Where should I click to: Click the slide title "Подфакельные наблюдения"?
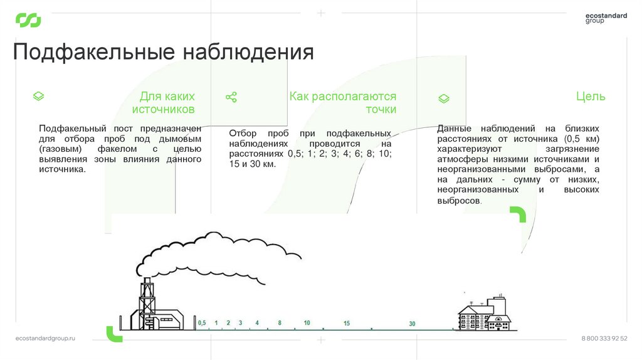pyautogui.click(x=164, y=52)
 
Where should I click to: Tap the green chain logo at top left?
pyautogui.click(x=28, y=21)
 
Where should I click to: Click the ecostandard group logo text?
pyautogui.click(x=606, y=18)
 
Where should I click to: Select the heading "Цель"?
pyautogui.click(x=591, y=97)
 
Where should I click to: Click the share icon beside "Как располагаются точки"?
pyautogui.click(x=231, y=97)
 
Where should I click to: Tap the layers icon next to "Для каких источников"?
pyautogui.click(x=38, y=97)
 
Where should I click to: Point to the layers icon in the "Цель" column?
pyautogui.click(x=443, y=98)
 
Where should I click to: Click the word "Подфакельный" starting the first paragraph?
pyautogui.click(x=68, y=129)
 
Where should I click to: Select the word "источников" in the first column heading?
pyautogui.click(x=164, y=110)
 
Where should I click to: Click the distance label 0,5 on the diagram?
pyautogui.click(x=202, y=322)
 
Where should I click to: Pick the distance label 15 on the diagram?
pyautogui.click(x=347, y=323)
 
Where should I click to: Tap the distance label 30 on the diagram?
pyautogui.click(x=412, y=324)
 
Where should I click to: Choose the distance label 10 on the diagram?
pyautogui.click(x=307, y=322)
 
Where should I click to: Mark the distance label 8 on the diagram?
pyautogui.click(x=280, y=322)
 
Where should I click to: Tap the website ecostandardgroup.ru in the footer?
pyautogui.click(x=45, y=338)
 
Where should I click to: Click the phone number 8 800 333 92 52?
pyautogui.click(x=604, y=338)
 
